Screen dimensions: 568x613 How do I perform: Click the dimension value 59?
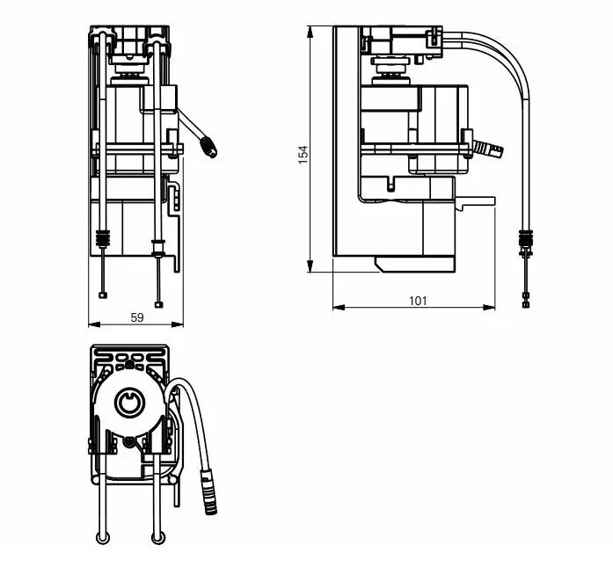tap(137, 318)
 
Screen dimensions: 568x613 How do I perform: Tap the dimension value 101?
tap(418, 301)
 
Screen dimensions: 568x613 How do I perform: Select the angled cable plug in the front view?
tap(210, 148)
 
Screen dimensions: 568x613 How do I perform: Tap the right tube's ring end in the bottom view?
tap(158, 538)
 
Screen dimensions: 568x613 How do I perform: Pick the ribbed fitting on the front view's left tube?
tap(104, 238)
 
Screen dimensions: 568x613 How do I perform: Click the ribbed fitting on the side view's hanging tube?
tap(526, 237)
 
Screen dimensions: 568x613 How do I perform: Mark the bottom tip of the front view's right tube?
tap(159, 305)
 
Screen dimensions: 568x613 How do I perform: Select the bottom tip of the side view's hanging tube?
tap(526, 305)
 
